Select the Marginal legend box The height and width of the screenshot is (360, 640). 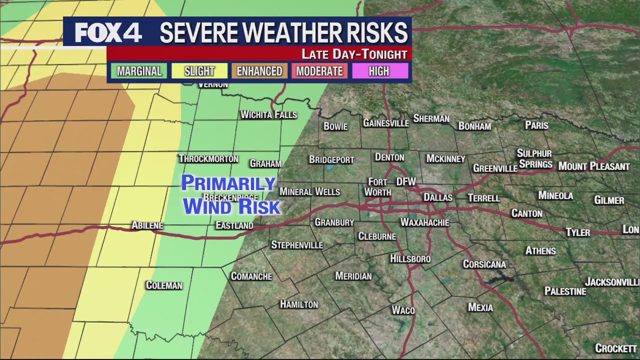pyautogui.click(x=139, y=71)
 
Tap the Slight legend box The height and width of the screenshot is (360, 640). pyautogui.click(x=199, y=71)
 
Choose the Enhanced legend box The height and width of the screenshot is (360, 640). pyautogui.click(x=259, y=71)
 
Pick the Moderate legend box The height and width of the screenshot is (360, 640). pyautogui.click(x=319, y=71)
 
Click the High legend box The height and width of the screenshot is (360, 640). pyautogui.click(x=378, y=71)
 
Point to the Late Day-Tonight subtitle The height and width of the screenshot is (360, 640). pyautogui.click(x=354, y=54)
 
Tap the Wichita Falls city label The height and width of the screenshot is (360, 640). pyautogui.click(x=268, y=115)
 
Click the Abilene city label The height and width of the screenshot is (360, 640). pyautogui.click(x=147, y=225)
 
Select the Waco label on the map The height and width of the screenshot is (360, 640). pyautogui.click(x=403, y=310)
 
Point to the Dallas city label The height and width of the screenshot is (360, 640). pyautogui.click(x=437, y=197)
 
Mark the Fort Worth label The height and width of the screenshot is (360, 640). pyautogui.click(x=377, y=187)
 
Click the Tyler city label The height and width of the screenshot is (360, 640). pyautogui.click(x=577, y=232)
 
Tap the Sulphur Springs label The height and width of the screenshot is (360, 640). pyautogui.click(x=535, y=159)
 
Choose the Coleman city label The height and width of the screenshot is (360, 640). pyautogui.click(x=164, y=285)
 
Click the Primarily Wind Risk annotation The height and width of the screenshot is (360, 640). pyautogui.click(x=230, y=195)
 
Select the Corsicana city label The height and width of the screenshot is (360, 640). pyautogui.click(x=484, y=264)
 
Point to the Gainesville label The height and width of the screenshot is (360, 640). pyautogui.click(x=385, y=123)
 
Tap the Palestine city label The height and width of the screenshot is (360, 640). pyautogui.click(x=565, y=291)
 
